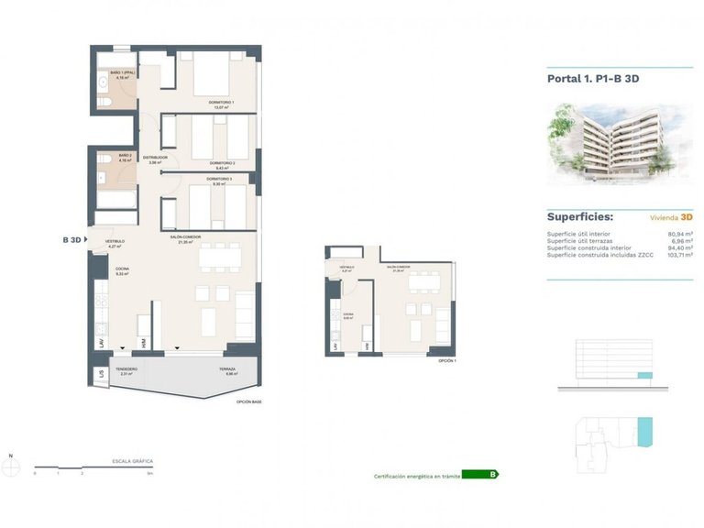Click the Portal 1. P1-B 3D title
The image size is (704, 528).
pos(593,79)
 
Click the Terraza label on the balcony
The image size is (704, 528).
pos(227,371)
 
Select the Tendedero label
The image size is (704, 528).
pos(126,371)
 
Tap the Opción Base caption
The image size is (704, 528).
pos(248,401)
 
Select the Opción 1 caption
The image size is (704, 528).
pos(446,361)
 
